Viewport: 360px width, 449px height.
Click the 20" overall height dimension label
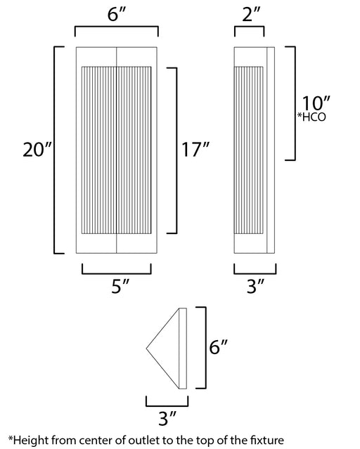[x=37, y=150]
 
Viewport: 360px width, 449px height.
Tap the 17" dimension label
[x=195, y=149]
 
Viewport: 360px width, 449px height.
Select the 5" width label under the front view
[x=120, y=286]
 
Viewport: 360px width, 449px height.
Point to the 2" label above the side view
[x=252, y=14]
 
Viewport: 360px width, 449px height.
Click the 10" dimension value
[x=316, y=103]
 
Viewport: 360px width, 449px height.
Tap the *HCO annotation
[x=311, y=117]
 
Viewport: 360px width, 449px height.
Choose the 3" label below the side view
[x=256, y=286]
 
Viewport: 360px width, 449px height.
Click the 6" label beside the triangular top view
[x=219, y=347]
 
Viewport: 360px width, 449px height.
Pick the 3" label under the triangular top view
[x=167, y=418]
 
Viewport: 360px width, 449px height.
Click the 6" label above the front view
[x=117, y=14]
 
